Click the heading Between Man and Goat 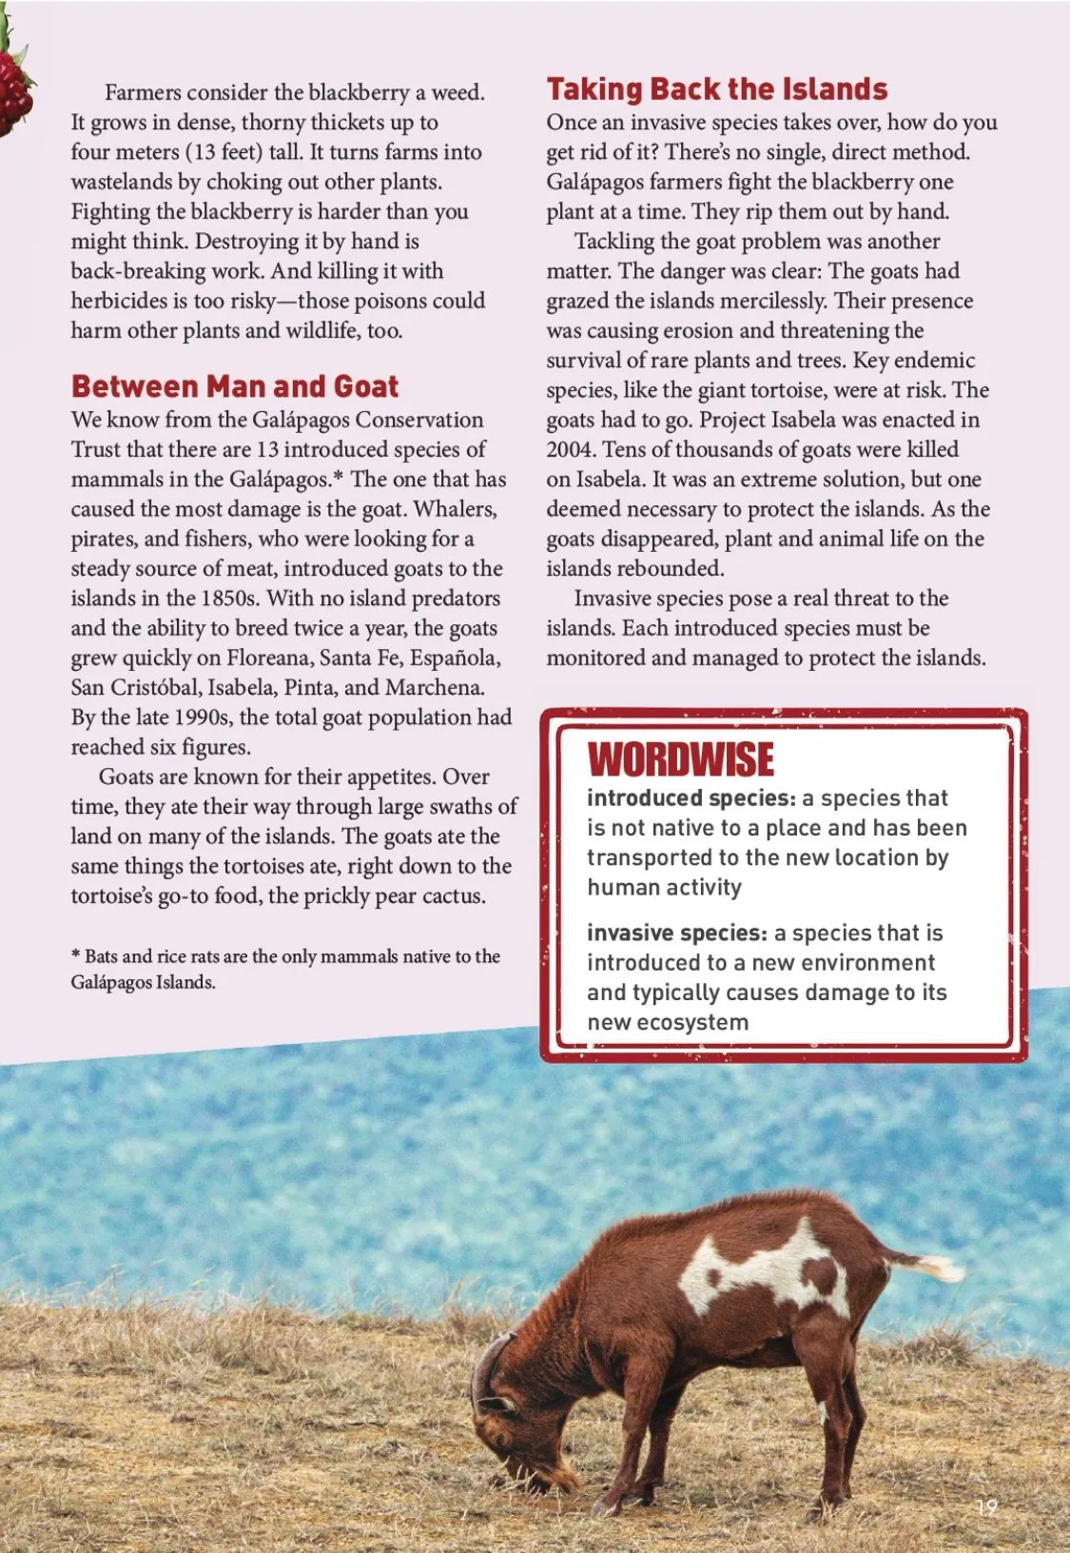234,386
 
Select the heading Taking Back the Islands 716,89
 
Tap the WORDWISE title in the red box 681,759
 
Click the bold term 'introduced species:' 691,798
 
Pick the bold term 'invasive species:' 676,933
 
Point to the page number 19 986,1507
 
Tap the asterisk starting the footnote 75,955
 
